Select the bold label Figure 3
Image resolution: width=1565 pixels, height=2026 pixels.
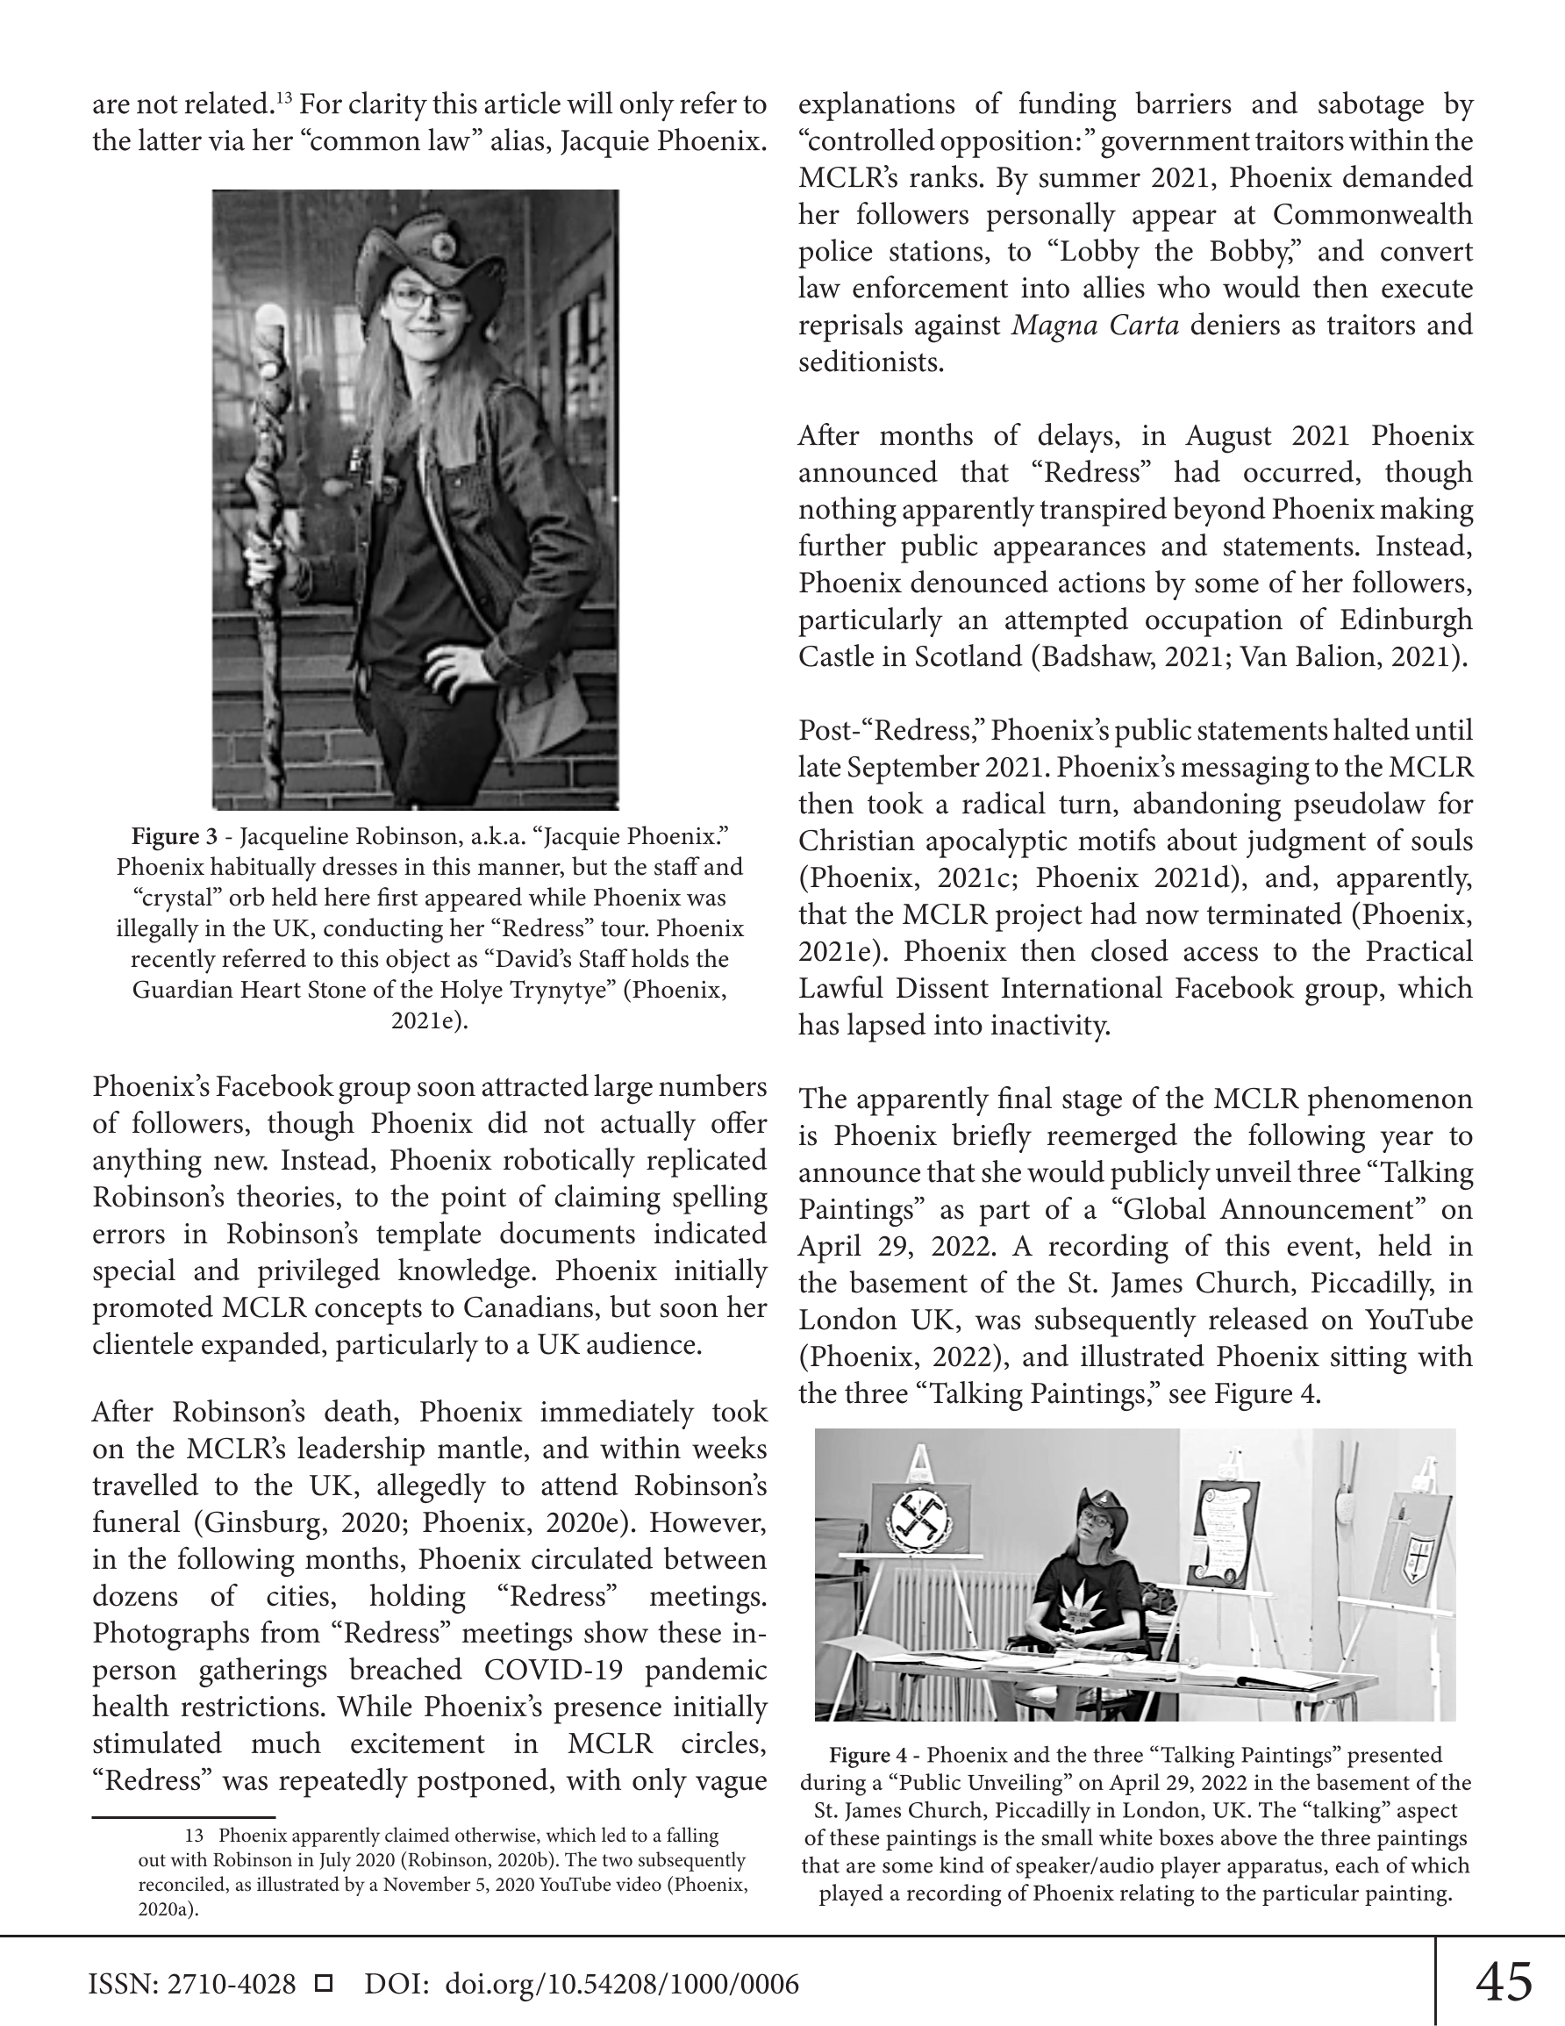[176, 837]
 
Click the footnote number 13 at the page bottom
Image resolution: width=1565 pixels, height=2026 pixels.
[194, 1836]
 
